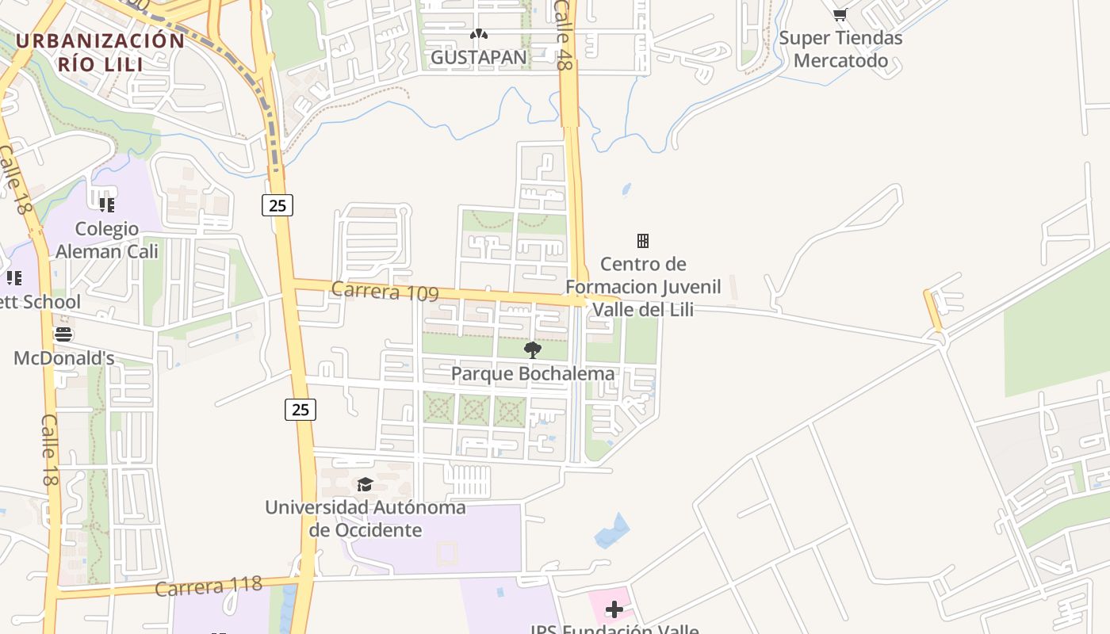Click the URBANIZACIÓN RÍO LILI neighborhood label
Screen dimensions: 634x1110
[100, 52]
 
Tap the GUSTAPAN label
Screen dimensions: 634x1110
[478, 57]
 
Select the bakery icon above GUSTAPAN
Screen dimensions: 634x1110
[478, 34]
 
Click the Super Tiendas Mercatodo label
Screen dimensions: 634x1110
[840, 48]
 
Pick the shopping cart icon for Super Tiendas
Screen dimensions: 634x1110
[840, 13]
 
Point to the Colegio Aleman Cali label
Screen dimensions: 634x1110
[106, 240]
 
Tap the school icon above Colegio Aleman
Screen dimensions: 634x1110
[106, 205]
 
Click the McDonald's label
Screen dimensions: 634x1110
[64, 358]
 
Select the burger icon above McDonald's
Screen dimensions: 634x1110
[63, 334]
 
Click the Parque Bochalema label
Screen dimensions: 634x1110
[533, 373]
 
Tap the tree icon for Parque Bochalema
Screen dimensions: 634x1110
[533, 349]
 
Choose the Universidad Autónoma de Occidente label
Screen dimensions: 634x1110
[366, 518]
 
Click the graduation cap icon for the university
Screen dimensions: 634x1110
[365, 484]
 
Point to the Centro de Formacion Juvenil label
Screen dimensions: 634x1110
[643, 286]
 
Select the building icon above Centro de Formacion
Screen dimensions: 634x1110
[643, 240]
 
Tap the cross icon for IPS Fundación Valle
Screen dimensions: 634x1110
[614, 609]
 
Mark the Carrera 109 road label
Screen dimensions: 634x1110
[385, 292]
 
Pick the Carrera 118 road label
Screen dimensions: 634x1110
[209, 586]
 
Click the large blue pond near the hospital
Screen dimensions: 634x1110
[613, 532]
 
